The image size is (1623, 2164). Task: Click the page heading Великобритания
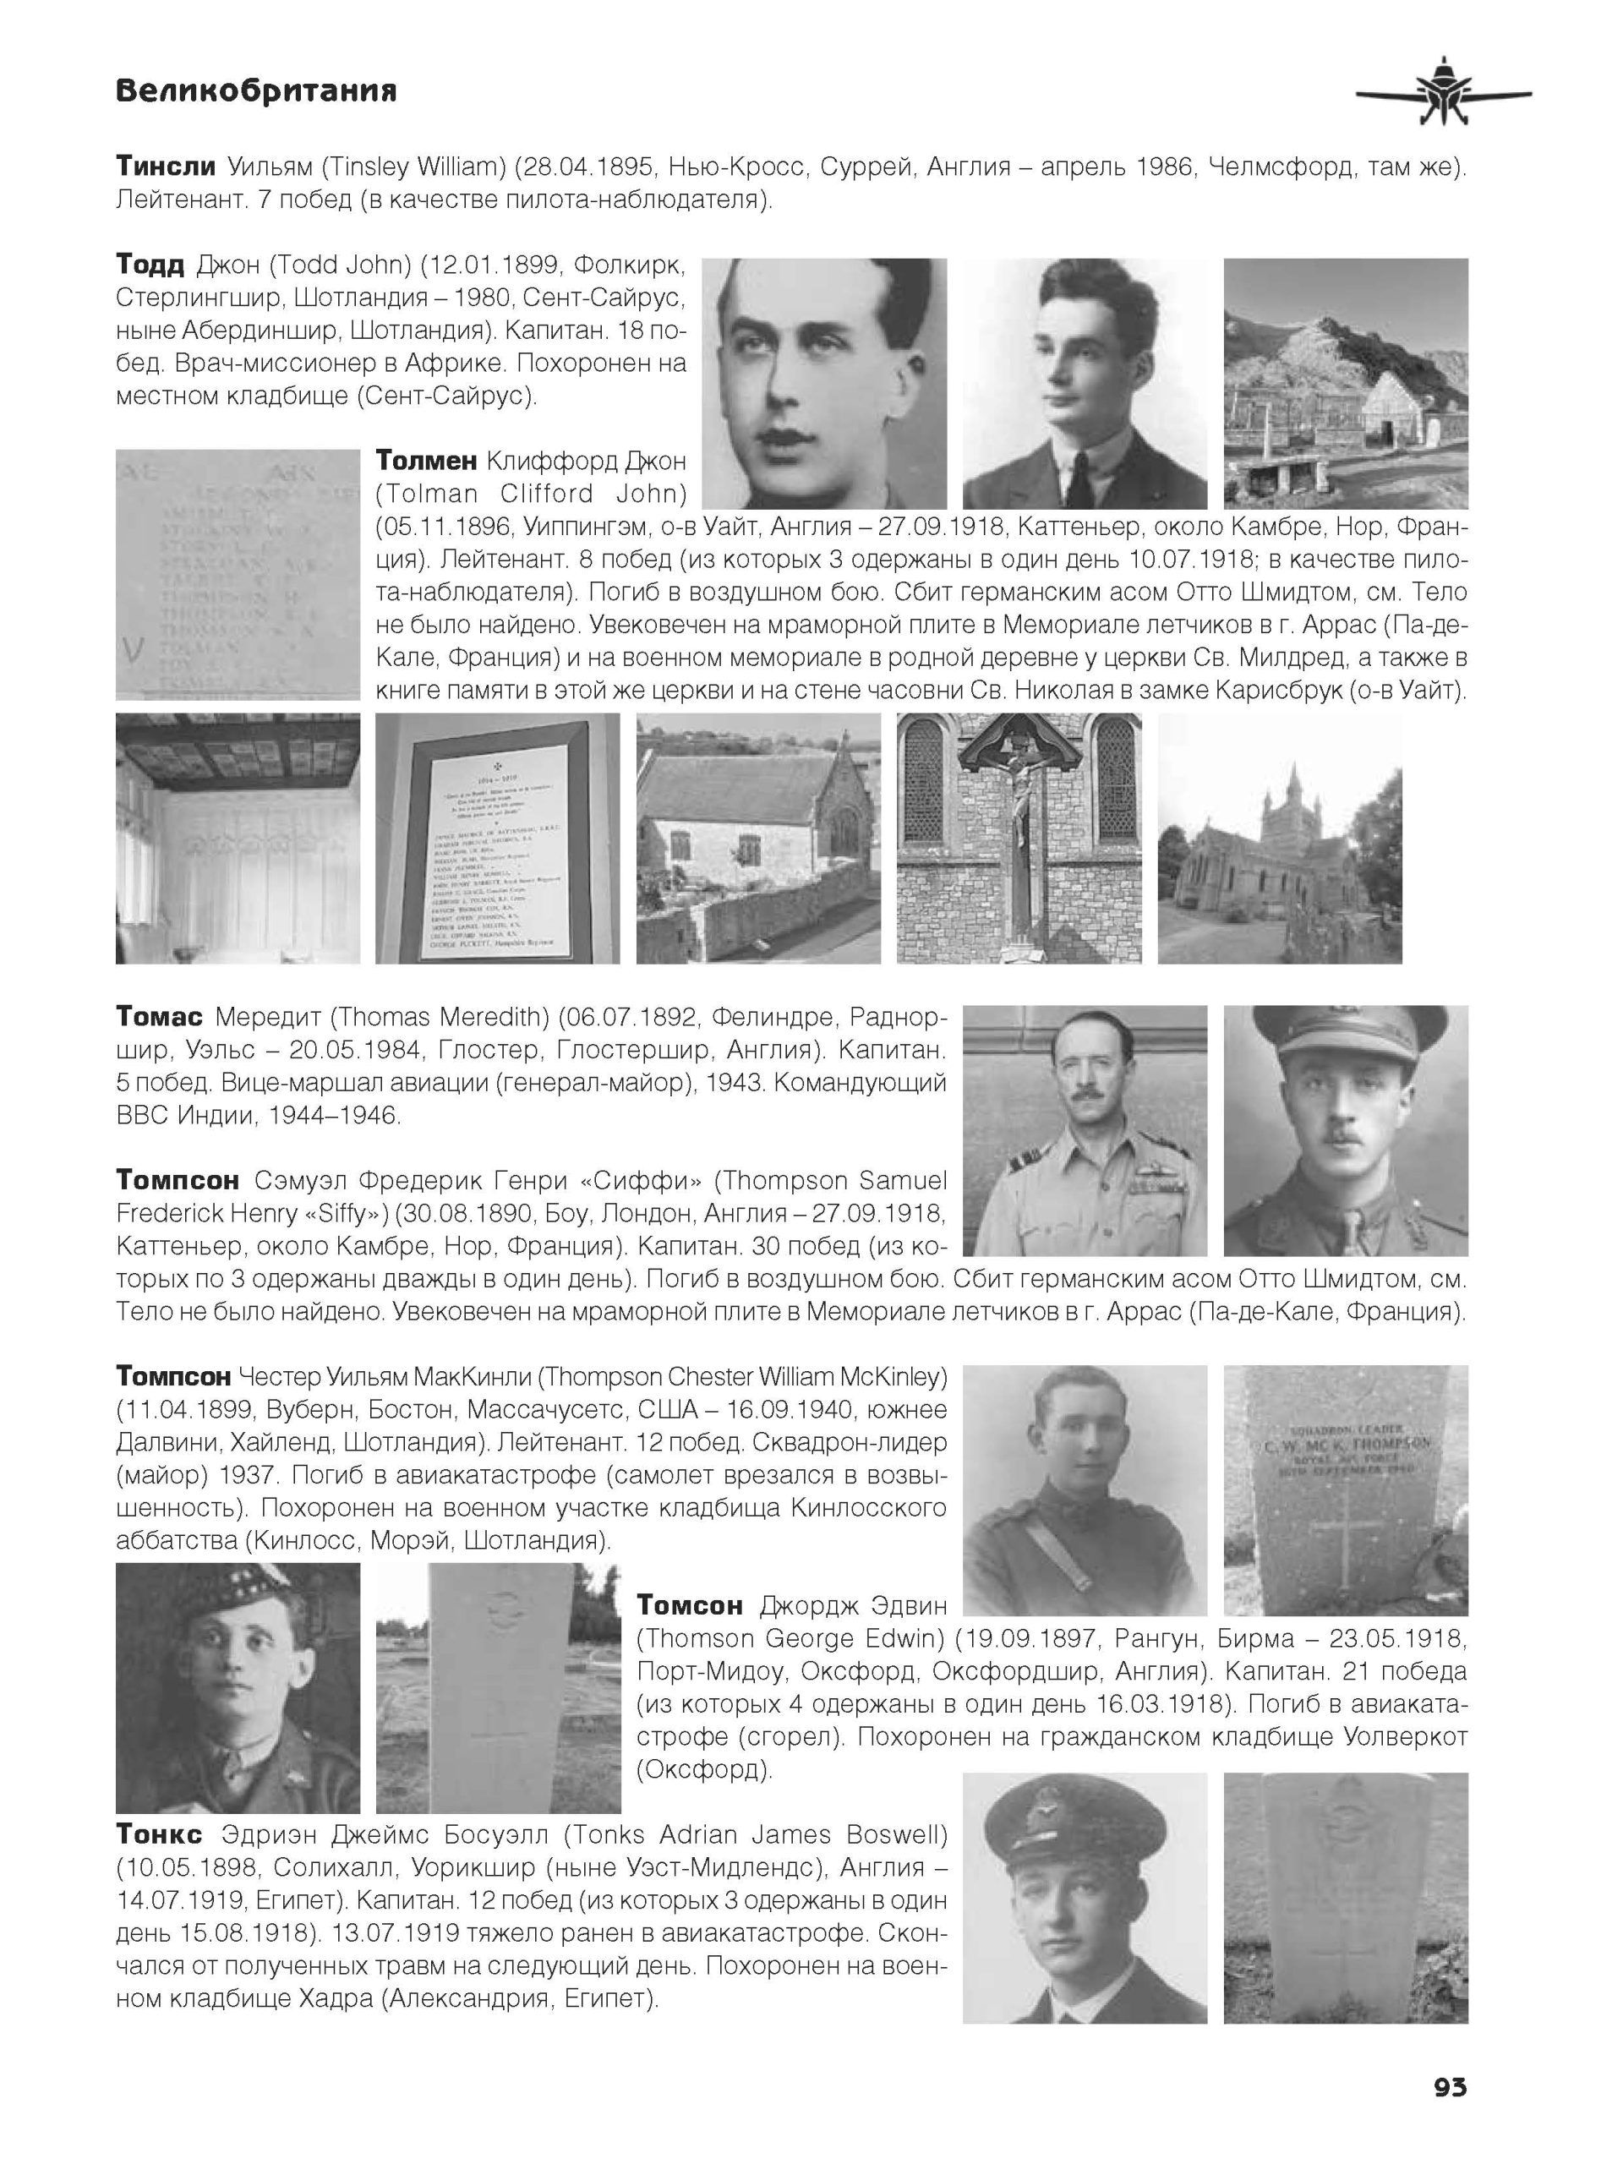(x=255, y=92)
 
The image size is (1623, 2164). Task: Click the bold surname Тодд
(x=150, y=265)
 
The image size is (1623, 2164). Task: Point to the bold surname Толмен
(x=425, y=460)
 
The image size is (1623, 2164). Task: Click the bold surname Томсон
(x=690, y=1606)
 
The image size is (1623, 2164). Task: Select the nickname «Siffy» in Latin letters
(x=343, y=1213)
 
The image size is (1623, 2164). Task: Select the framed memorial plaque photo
(x=497, y=839)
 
